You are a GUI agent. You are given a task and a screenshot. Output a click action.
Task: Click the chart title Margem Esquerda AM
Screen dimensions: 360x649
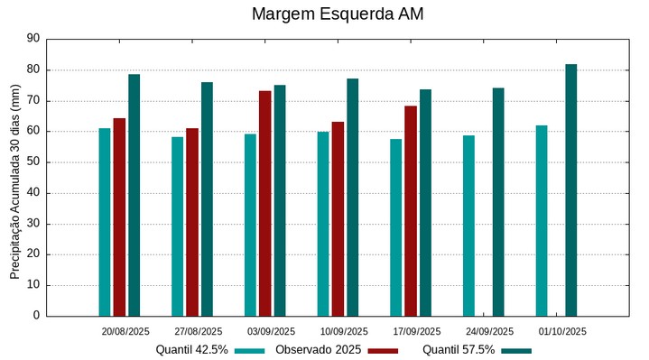[338, 14]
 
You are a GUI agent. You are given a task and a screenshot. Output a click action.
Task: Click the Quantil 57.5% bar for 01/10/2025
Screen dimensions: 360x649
[571, 189]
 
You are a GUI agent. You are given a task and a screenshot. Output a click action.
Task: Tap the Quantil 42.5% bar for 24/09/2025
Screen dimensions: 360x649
[468, 226]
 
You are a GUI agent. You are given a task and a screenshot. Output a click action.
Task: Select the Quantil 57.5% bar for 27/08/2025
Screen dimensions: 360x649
[207, 198]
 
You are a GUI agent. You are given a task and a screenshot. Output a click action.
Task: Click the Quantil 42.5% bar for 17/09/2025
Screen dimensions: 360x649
[395, 227]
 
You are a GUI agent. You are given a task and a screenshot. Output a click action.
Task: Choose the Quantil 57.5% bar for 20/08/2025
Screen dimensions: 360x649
[134, 195]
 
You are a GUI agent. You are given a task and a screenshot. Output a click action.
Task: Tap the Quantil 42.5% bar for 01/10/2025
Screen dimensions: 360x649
[542, 220]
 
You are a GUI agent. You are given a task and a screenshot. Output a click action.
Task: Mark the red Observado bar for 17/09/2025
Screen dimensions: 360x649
[411, 210]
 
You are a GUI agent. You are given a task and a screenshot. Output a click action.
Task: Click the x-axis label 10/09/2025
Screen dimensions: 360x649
[344, 331]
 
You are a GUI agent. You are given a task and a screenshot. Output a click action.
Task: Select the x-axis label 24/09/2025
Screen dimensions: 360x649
[489, 331]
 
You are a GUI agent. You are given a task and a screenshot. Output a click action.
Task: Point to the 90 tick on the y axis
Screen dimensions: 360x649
[34, 39]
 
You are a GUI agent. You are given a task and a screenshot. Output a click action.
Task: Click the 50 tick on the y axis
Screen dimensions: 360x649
[34, 162]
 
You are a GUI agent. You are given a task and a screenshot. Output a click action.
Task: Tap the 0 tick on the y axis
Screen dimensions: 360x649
[37, 316]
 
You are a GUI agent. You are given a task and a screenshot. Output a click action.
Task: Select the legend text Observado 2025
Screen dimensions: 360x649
[318, 350]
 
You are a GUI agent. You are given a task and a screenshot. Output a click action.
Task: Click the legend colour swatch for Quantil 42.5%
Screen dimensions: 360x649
[249, 350]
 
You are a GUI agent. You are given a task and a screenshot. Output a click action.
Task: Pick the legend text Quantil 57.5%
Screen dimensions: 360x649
[459, 350]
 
